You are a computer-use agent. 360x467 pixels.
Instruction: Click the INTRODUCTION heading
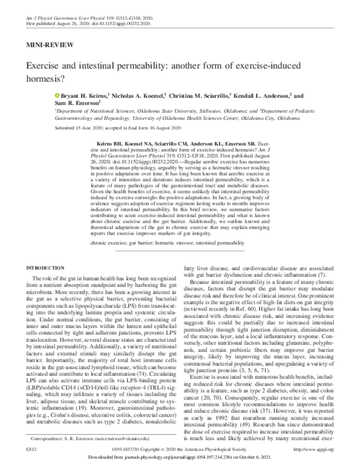point(43,266)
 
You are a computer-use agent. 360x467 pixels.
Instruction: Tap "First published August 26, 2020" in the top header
point(54,11)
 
